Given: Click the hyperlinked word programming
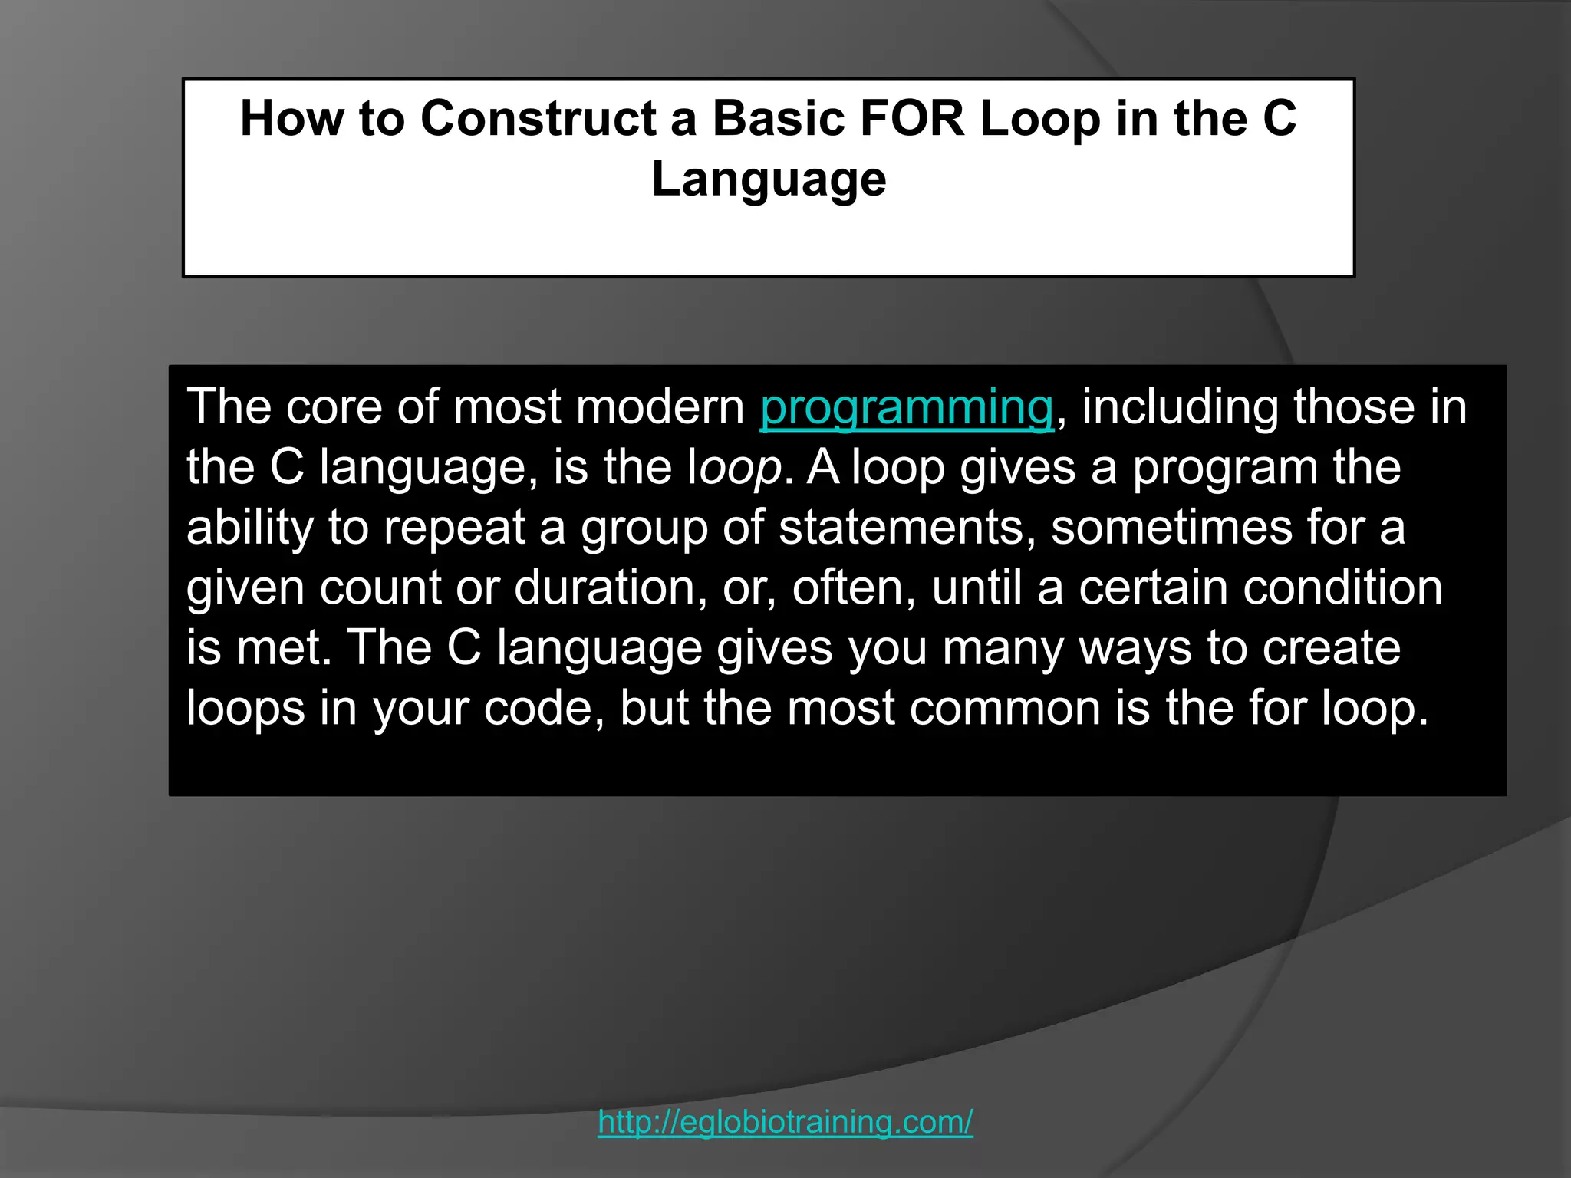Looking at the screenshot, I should pyautogui.click(x=907, y=407).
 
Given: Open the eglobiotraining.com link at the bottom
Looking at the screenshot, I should pyautogui.click(x=785, y=1122).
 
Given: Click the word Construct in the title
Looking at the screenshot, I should pyautogui.click(x=538, y=120).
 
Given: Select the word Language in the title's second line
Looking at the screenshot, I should pyautogui.click(x=769, y=179).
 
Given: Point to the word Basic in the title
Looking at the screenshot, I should pyautogui.click(x=779, y=120).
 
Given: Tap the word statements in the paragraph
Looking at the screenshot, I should pyautogui.click(x=901, y=528).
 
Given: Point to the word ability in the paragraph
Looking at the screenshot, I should pyautogui.click(x=250, y=528).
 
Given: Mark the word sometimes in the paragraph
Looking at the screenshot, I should pyautogui.click(x=1171, y=528).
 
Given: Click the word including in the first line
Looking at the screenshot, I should pyautogui.click(x=1181, y=407).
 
